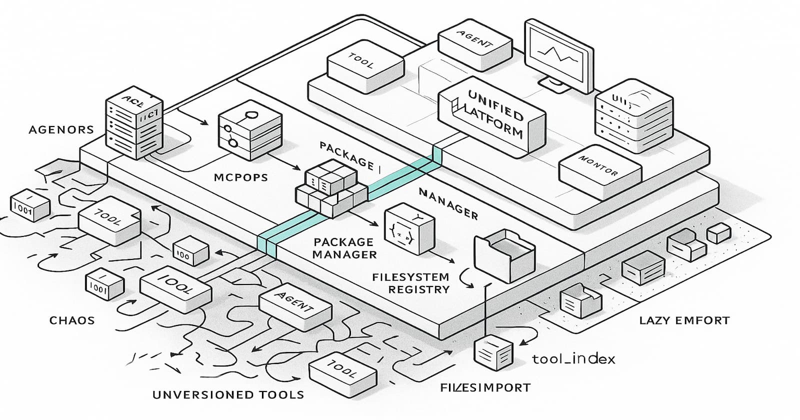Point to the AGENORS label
coord(61,129)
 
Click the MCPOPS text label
coord(240,177)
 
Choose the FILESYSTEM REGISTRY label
coord(410,283)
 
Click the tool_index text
coord(573,358)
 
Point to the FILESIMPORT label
coord(478,387)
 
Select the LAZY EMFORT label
coord(684,320)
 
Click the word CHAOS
coord(72,320)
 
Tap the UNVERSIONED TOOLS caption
coord(228,394)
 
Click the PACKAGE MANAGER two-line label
coord(344,248)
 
